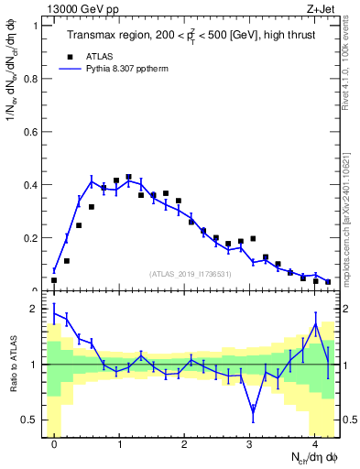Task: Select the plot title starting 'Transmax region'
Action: click(191, 36)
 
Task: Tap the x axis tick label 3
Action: click(249, 445)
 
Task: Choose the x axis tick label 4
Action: click(314, 445)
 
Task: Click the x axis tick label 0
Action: click(54, 445)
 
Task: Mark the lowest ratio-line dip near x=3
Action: click(253, 414)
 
